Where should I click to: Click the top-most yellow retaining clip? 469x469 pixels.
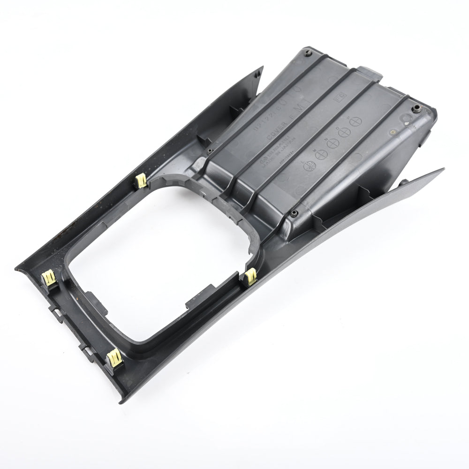click(141, 181)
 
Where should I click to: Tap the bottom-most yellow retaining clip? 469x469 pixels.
click(114, 358)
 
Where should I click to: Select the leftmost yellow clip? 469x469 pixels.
click(49, 278)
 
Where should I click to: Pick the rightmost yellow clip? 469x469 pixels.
click(250, 277)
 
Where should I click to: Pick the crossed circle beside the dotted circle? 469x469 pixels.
click(321, 154)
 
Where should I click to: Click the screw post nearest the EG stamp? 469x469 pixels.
click(415, 110)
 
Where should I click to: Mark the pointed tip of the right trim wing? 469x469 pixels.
click(442, 169)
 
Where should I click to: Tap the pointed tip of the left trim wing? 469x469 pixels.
click(262, 68)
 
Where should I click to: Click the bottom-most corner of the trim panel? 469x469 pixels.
click(123, 401)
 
